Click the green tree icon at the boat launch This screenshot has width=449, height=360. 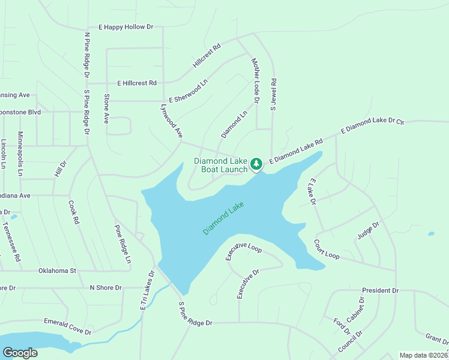pyautogui.click(x=256, y=163)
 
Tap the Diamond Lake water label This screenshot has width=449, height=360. pyautogui.click(x=223, y=218)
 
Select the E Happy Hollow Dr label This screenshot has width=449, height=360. pyautogui.click(x=126, y=27)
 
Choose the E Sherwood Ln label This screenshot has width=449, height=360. pyautogui.click(x=192, y=90)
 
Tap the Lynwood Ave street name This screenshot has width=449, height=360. pyautogui.click(x=171, y=122)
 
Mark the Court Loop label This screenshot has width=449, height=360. pyautogui.click(x=327, y=249)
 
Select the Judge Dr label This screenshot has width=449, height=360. pyautogui.click(x=368, y=230)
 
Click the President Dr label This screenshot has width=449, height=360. pyautogui.click(x=380, y=290)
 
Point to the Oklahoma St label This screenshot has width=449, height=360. pyautogui.click(x=57, y=271)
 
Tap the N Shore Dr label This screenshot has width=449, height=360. pyautogui.click(x=105, y=288)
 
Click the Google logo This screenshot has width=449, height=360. pyautogui.click(x=20, y=353)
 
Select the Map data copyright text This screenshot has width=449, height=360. pyautogui.click(x=424, y=355)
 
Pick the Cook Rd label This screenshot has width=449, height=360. pyautogui.click(x=74, y=212)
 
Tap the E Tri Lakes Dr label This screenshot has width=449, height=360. pyautogui.click(x=147, y=290)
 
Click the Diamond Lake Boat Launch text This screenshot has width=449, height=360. pyautogui.click(x=220, y=165)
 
